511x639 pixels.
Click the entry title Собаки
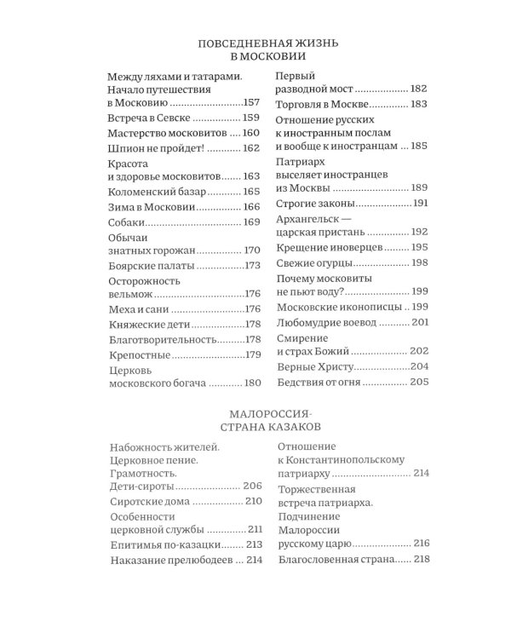click(x=128, y=222)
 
